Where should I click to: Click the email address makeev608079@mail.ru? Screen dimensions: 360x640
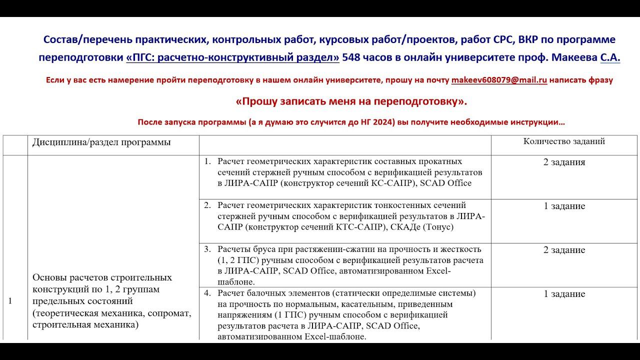coord(499,80)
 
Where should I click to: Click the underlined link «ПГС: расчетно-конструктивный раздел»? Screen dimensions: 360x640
coord(232,57)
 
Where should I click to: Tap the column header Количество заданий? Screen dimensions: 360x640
coord(564,141)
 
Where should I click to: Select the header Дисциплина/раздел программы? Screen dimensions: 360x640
coord(101,142)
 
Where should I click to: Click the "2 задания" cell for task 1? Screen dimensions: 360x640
coord(564,162)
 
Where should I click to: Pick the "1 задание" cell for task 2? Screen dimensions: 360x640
coord(564,206)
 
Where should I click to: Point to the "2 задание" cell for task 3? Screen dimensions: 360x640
coord(564,250)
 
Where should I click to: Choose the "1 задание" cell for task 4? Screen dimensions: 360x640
coord(564,294)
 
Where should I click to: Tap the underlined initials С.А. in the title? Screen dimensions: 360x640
coord(610,57)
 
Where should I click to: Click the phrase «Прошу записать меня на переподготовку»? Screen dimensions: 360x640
coord(351,101)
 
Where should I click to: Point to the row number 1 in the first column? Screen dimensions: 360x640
coord(10,300)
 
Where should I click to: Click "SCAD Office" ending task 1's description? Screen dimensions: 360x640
coord(445,183)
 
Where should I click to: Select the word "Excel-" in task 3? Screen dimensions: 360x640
coord(436,271)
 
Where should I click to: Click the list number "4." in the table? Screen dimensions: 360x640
coord(207,293)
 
